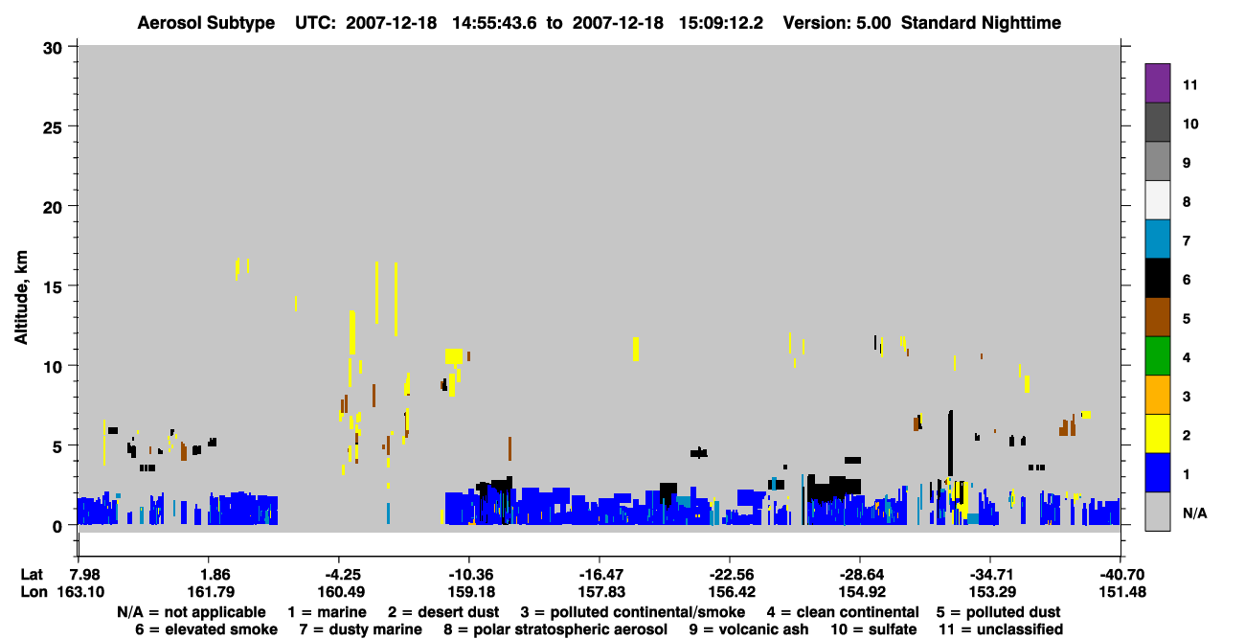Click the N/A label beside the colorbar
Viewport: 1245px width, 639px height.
[x=1194, y=513]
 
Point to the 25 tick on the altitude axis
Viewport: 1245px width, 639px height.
[x=73, y=126]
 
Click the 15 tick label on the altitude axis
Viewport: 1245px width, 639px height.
[x=53, y=286]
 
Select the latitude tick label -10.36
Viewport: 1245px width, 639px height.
[x=471, y=575]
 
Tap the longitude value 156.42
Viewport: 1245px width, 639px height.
[x=732, y=592]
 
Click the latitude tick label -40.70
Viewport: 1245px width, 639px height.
[x=1122, y=575]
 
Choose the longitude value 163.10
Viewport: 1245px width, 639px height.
[x=80, y=592]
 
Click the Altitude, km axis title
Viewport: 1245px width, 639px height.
[x=21, y=298]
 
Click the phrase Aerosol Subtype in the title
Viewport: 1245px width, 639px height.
[x=206, y=23]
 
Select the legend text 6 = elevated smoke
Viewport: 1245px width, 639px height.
[x=206, y=629]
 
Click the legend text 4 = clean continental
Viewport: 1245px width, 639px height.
[x=843, y=612]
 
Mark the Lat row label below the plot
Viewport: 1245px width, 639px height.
[x=32, y=575]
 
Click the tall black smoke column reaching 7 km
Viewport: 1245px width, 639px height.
[x=950, y=444]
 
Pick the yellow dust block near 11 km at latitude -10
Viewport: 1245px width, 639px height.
[x=454, y=356]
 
